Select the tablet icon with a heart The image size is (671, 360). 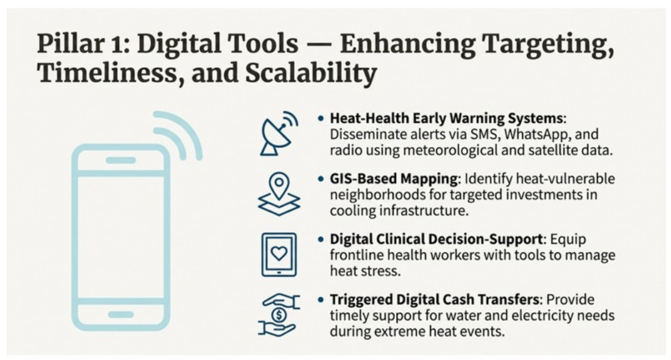pyautogui.click(x=279, y=255)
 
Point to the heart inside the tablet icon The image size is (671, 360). pyautogui.click(x=279, y=254)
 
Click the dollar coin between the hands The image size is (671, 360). pyautogui.click(x=279, y=315)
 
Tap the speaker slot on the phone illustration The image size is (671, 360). pyautogui.click(x=121, y=161)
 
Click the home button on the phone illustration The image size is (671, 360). pyautogui.click(x=121, y=314)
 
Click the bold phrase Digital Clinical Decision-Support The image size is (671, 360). pyautogui.click(x=436, y=239)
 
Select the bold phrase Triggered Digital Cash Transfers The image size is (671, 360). pyautogui.click(x=434, y=300)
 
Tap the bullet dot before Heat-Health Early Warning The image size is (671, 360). pyautogui.click(x=321, y=118)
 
